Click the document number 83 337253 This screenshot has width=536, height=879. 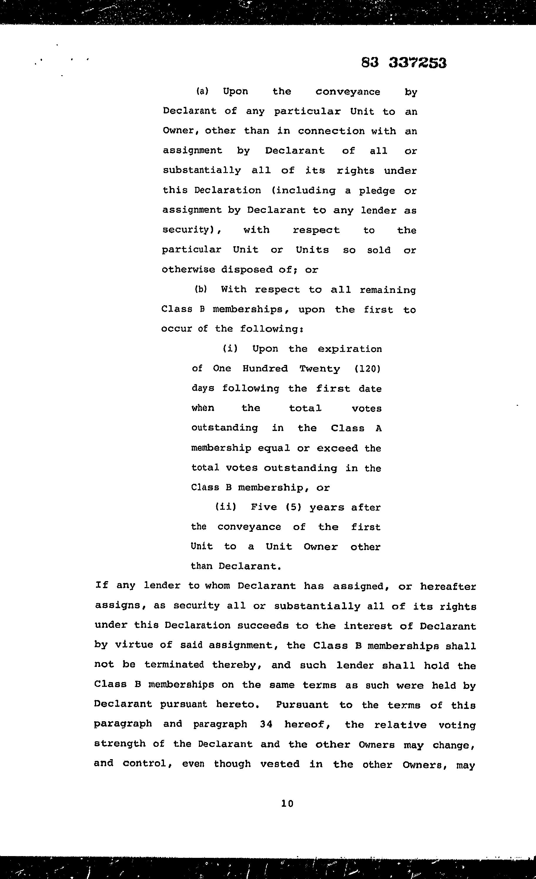click(403, 63)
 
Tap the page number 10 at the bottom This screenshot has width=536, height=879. click(287, 803)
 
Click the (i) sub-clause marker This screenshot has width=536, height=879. click(230, 348)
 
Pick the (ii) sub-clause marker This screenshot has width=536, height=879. click(225, 507)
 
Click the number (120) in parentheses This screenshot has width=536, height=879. click(368, 368)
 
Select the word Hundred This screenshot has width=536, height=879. click(265, 368)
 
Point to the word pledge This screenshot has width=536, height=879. click(377, 191)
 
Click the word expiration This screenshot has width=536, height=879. click(350, 349)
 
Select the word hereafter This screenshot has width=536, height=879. click(448, 586)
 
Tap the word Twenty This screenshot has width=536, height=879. click(320, 368)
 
